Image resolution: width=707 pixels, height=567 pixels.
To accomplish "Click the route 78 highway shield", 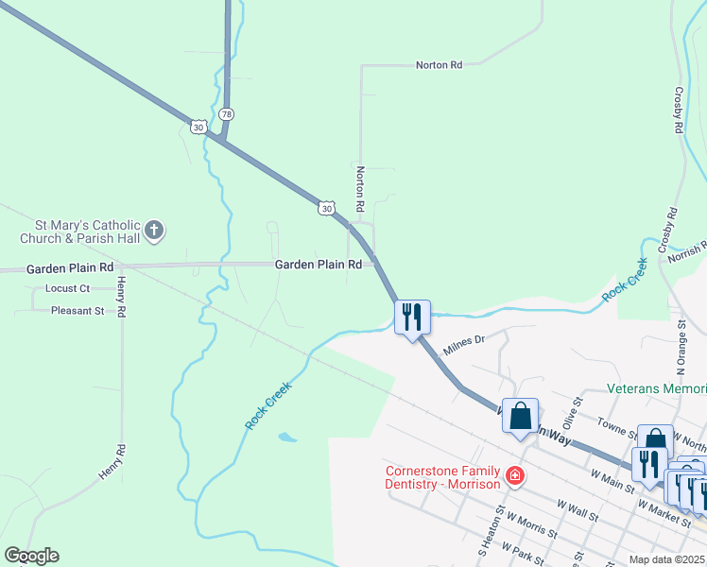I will (x=225, y=113).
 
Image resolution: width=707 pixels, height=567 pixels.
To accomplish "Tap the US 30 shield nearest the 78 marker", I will (x=198, y=127).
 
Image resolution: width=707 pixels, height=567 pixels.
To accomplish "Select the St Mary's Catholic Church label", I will (x=80, y=232).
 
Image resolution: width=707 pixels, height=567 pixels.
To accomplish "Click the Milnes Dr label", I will (x=464, y=338).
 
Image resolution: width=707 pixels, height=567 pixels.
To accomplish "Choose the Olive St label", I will (x=569, y=413).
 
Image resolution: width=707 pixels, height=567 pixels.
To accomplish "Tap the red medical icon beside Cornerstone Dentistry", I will (x=514, y=475).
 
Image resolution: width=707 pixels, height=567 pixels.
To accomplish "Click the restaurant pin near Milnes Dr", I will (x=412, y=318).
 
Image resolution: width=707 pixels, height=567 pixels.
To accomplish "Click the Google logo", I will (x=31, y=556).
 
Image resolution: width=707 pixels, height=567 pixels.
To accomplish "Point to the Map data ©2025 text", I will (x=668, y=559).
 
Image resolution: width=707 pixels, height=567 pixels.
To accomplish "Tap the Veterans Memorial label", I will (x=656, y=389).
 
